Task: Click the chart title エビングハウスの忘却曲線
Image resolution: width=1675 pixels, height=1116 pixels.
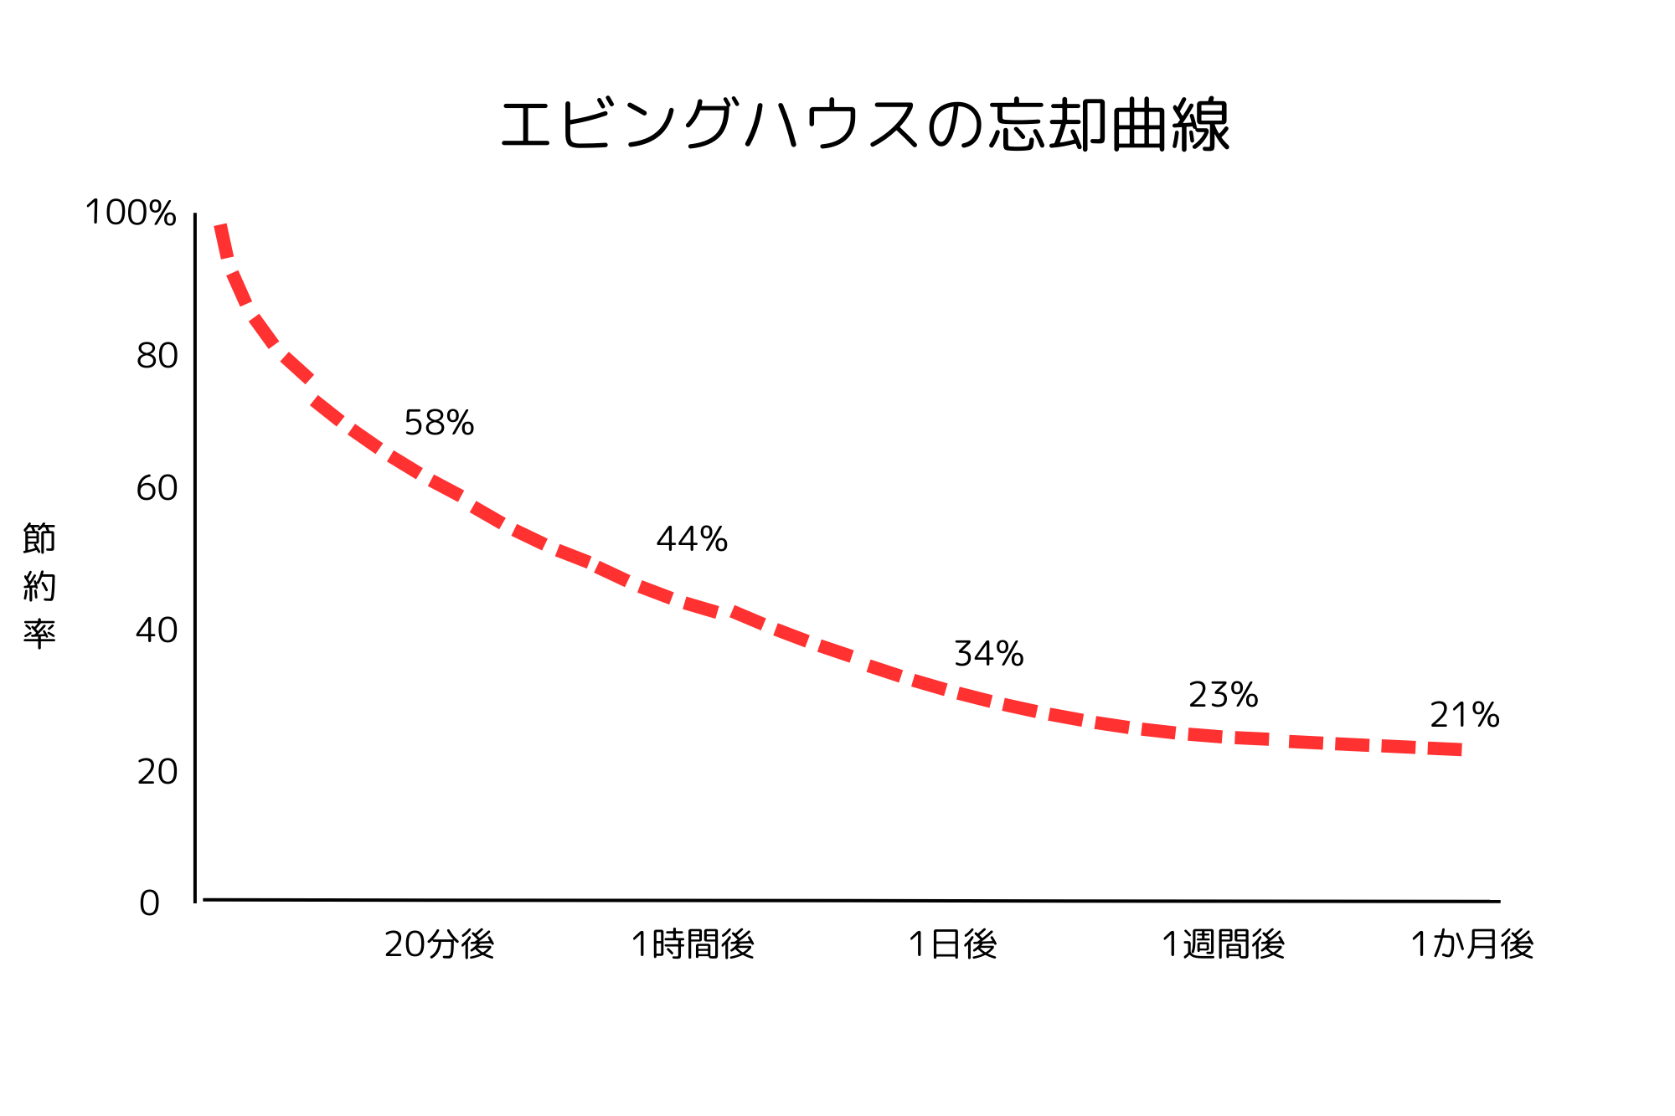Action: pos(865,126)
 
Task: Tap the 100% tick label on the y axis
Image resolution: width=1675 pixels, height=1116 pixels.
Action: pos(131,213)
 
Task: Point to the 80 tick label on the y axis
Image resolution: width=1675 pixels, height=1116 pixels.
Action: pos(157,356)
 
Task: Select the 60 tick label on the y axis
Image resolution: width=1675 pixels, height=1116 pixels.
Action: pos(157,488)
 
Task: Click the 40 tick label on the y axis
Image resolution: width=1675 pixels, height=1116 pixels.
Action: pos(157,630)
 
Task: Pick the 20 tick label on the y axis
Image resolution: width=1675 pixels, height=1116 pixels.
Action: pos(157,772)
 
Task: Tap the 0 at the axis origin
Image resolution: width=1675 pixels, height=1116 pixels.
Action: pos(149,903)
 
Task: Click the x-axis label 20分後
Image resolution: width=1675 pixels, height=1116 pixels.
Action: pos(440,944)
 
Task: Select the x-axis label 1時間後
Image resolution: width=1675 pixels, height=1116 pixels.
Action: pos(693,944)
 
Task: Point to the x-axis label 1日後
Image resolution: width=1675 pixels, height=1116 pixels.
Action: pos(953,944)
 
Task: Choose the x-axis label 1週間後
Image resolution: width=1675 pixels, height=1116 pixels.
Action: pos(1224,944)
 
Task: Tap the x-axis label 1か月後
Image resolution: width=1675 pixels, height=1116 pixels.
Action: pos(1472,944)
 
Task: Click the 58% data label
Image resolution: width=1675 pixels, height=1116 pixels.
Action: pos(440,423)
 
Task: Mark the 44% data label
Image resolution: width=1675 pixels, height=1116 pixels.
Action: pos(693,539)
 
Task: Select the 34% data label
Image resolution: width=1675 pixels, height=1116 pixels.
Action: pos(989,654)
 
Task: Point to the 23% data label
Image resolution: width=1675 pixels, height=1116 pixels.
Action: pos(1224,695)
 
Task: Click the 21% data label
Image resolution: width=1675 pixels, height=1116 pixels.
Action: pos(1465,715)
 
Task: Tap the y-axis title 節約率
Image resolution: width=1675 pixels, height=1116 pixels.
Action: pos(39,585)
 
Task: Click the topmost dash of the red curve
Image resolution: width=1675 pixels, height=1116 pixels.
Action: pos(224,241)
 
